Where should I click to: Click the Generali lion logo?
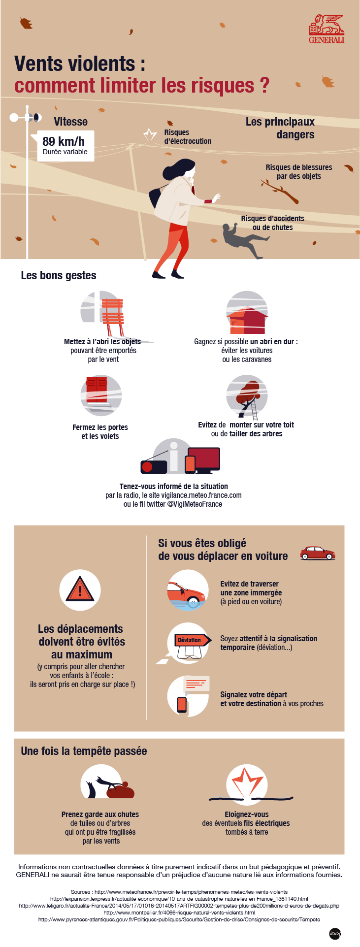(327, 29)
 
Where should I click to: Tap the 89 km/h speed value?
(64, 141)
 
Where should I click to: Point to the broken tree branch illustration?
(280, 192)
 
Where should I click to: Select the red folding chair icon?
(113, 316)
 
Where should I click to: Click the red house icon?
(248, 320)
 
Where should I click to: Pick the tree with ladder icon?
(248, 397)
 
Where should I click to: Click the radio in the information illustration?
(154, 466)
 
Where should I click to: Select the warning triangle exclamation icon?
(80, 589)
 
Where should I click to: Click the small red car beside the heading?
(318, 553)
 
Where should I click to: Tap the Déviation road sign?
(189, 640)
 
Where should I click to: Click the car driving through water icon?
(188, 590)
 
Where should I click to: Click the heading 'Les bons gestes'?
(59, 275)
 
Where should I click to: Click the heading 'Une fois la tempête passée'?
(84, 751)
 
